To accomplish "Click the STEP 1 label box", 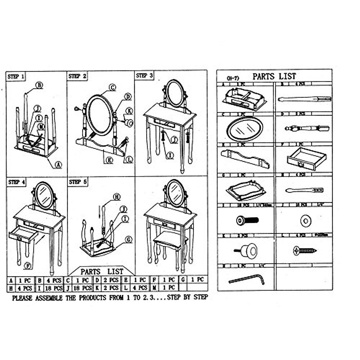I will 16,77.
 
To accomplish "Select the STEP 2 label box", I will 77,76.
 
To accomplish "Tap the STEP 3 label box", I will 144,76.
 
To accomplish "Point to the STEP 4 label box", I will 17,182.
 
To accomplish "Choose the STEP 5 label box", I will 78,182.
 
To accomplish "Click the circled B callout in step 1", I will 39,85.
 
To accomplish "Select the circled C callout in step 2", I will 112,87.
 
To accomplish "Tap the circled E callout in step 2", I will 109,160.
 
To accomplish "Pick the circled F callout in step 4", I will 28,266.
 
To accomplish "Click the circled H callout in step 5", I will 117,197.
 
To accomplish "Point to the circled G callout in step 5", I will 129,240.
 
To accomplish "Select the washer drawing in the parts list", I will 305,221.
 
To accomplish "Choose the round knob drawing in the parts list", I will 246,251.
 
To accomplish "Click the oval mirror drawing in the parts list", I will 245,129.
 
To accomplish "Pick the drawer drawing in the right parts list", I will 306,158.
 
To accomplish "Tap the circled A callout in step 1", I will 58,164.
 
